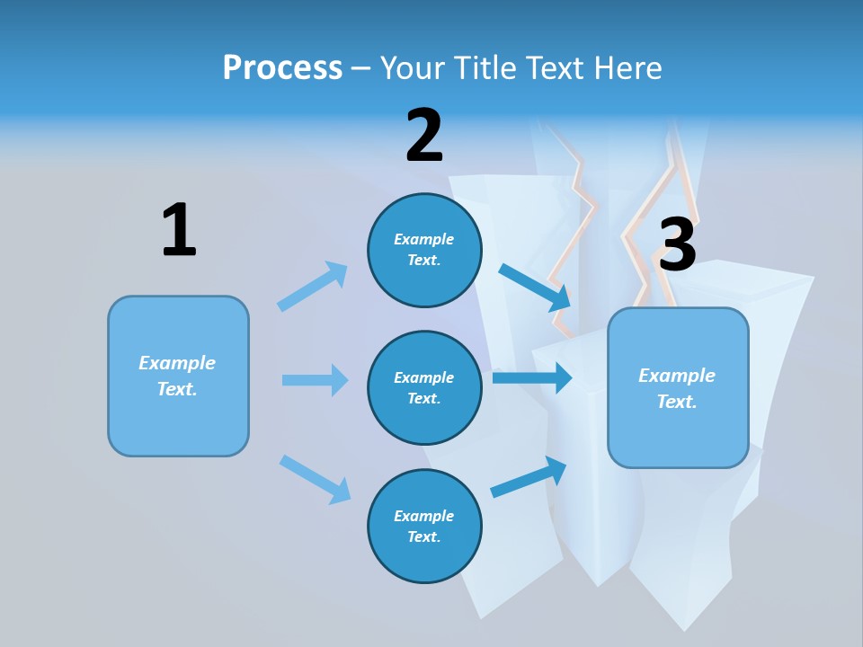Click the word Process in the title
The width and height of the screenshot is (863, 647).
[282, 68]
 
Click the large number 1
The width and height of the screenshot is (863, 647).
[179, 230]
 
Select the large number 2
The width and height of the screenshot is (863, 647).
[424, 136]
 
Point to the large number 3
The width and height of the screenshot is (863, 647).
[677, 245]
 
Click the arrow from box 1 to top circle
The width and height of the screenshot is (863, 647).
[312, 287]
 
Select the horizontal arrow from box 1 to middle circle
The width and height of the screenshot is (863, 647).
[315, 380]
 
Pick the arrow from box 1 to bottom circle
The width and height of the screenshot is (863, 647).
[314, 478]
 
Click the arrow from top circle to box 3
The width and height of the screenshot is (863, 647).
[535, 287]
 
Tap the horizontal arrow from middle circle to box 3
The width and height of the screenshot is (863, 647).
[532, 377]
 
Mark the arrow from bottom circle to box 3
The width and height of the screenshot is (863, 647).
[529, 477]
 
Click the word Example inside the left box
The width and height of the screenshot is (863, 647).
[177, 363]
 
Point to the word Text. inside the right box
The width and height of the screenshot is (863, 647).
[677, 402]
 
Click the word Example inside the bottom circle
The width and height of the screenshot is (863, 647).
[424, 516]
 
